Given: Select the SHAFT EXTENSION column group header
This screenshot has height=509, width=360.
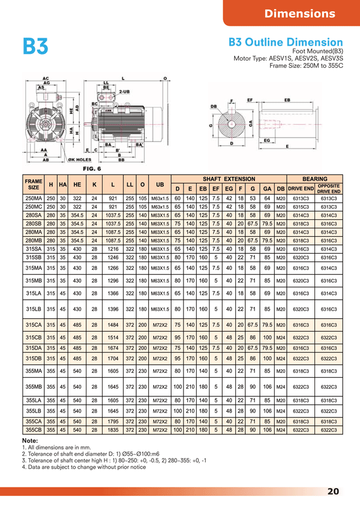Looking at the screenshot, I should pos(229,179).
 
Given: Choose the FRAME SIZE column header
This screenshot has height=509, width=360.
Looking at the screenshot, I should pos(34,183).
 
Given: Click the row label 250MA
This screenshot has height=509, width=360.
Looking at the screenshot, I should pos(34,198).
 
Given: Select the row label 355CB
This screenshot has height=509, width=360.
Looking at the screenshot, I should pos(34,429).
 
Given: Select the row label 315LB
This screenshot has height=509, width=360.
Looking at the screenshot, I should pos(34,309).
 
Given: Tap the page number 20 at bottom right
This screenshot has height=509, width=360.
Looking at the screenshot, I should pos(334,492).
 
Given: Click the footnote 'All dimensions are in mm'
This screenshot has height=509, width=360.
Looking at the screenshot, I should pos(55,448).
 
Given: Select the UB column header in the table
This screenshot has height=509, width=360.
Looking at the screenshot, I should pos(159,183).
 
